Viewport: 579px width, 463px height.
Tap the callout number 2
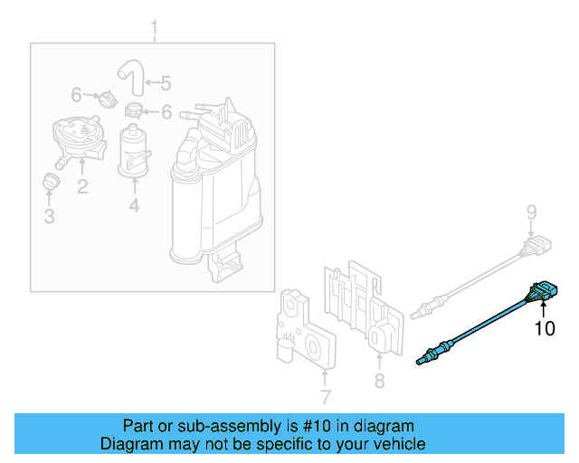81,187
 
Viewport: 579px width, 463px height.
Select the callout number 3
50,216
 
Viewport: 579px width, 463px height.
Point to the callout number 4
134,206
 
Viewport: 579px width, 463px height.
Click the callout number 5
166,83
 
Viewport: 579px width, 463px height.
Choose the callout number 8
379,382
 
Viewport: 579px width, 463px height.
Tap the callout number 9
533,213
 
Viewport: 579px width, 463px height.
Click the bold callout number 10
545,328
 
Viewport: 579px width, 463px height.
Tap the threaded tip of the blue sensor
421,362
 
